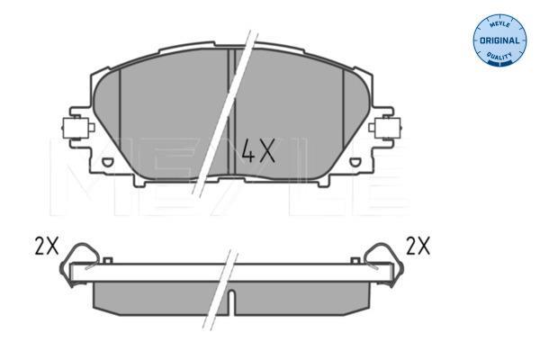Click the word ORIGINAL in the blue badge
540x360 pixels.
click(499, 40)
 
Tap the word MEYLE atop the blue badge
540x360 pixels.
click(499, 24)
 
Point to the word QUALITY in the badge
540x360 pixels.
click(499, 56)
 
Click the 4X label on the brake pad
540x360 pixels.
click(258, 150)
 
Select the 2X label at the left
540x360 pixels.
click(47, 246)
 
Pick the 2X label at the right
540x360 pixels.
click(418, 246)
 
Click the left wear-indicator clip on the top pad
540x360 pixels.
click(77, 128)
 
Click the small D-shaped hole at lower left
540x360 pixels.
click(107, 162)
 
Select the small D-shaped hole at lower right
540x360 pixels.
click(355, 162)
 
